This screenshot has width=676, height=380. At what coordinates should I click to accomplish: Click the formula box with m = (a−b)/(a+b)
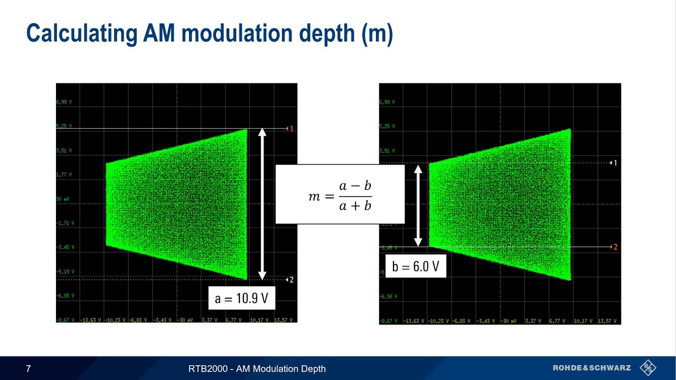[340, 194]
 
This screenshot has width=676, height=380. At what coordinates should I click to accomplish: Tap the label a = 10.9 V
[241, 298]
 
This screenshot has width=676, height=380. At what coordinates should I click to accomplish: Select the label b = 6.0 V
[416, 266]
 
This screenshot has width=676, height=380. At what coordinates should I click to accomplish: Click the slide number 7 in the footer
[29, 369]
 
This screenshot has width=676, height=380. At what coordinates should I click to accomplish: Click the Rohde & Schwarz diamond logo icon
[647, 368]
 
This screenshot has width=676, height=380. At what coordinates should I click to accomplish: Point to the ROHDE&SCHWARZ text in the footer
[591, 368]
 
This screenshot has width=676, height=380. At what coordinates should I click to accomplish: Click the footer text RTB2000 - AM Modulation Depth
[257, 369]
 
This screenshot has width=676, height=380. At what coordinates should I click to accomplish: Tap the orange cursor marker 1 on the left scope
[289, 129]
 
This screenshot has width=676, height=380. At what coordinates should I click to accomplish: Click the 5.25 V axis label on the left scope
[64, 126]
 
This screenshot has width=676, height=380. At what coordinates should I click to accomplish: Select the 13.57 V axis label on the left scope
[283, 320]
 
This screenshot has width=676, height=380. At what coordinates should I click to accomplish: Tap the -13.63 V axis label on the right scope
[414, 320]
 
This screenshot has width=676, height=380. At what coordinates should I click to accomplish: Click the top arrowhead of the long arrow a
[262, 132]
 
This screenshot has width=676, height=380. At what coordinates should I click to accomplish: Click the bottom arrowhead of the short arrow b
[418, 242]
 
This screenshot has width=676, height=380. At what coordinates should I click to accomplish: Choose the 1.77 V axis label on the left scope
[64, 175]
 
